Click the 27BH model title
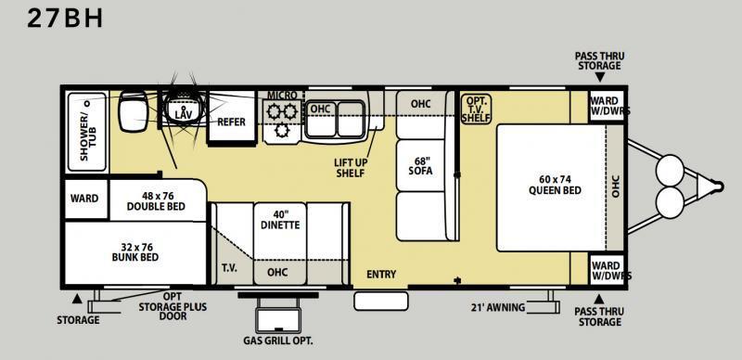click(x=65, y=18)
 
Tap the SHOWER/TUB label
click(x=88, y=131)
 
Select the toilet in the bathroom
click(x=134, y=110)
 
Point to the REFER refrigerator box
click(x=232, y=116)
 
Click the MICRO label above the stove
click(x=283, y=96)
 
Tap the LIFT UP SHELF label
click(x=351, y=168)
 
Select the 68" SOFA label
click(x=421, y=164)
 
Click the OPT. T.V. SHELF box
click(x=476, y=109)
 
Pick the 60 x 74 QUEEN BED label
click(x=555, y=185)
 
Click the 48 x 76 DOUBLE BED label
click(x=156, y=200)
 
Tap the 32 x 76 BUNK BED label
click(x=135, y=252)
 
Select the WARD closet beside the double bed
click(x=85, y=199)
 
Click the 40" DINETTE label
click(x=280, y=219)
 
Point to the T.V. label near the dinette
click(x=229, y=267)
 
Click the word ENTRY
click(x=381, y=275)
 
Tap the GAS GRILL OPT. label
click(x=278, y=341)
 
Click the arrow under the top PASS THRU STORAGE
click(x=599, y=78)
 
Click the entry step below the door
click(x=381, y=302)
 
